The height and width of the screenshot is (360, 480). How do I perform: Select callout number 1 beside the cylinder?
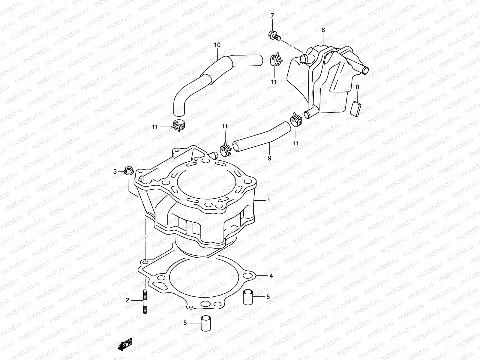(268, 200)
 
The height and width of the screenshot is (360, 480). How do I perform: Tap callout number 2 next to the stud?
(127, 300)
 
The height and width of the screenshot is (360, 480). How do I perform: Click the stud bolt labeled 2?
(145, 301)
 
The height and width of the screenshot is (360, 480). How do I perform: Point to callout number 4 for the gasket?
(271, 275)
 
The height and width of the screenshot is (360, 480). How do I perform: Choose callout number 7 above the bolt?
(272, 15)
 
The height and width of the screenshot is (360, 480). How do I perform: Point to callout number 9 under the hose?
(269, 158)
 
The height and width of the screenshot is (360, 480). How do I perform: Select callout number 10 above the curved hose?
(217, 45)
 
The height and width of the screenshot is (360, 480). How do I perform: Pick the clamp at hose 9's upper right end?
(296, 120)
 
